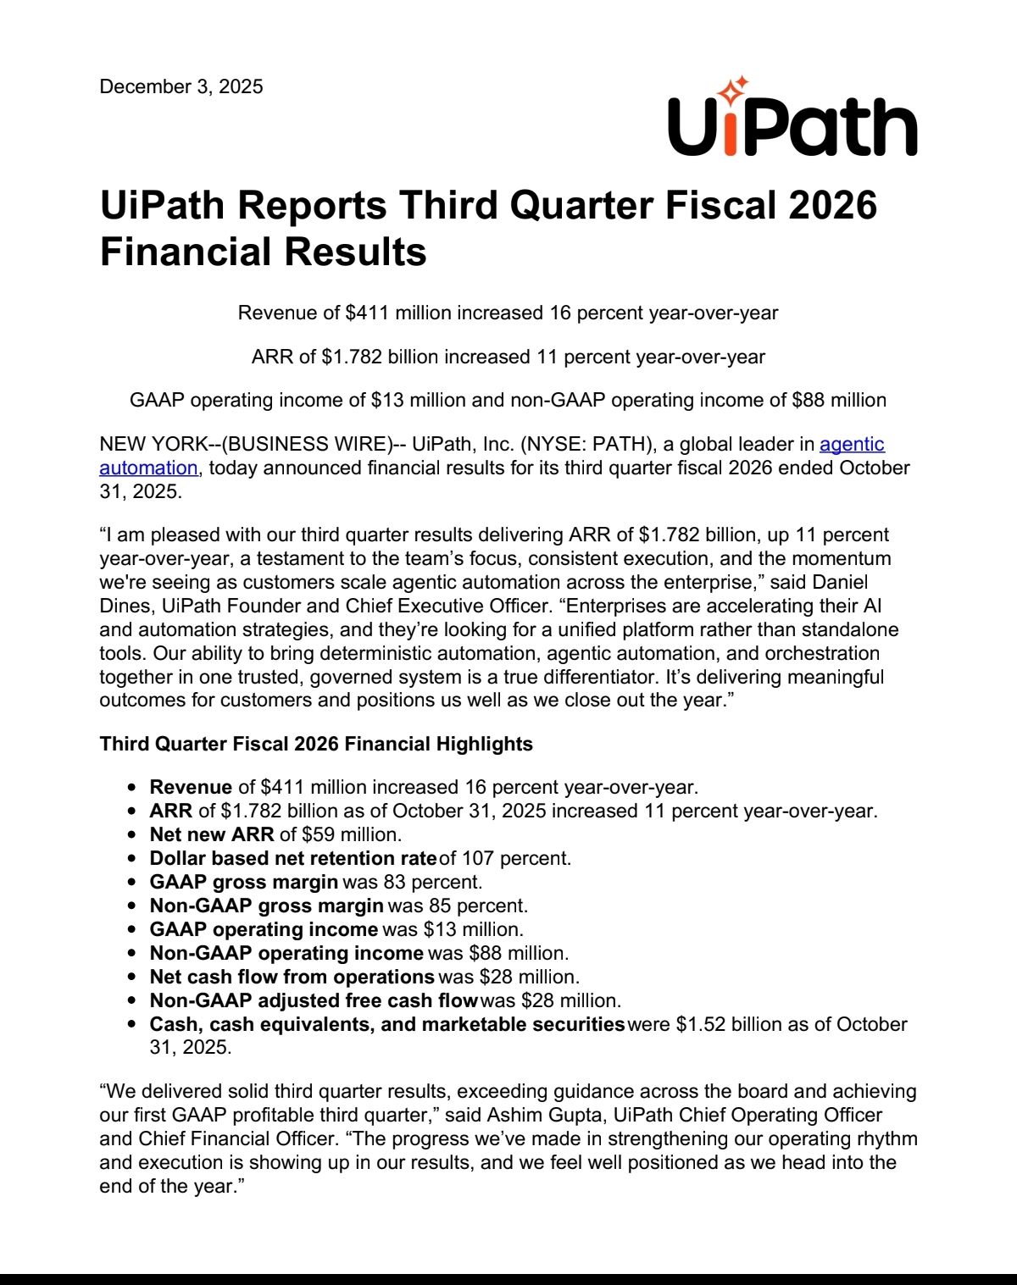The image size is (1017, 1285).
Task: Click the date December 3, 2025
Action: click(x=181, y=86)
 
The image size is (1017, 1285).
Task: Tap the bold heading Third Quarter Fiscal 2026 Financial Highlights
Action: click(x=316, y=744)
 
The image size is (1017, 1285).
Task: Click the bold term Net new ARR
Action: click(x=212, y=834)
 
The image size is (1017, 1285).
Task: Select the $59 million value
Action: click(x=350, y=834)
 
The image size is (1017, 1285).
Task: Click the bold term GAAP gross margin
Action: click(x=244, y=882)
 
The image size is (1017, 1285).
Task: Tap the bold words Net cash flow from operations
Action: click(x=292, y=977)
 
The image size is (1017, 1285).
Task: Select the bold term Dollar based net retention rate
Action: click(x=292, y=858)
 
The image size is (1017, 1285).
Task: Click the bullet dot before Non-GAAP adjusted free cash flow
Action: click(x=132, y=1000)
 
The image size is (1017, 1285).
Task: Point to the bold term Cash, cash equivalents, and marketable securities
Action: click(x=387, y=1024)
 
